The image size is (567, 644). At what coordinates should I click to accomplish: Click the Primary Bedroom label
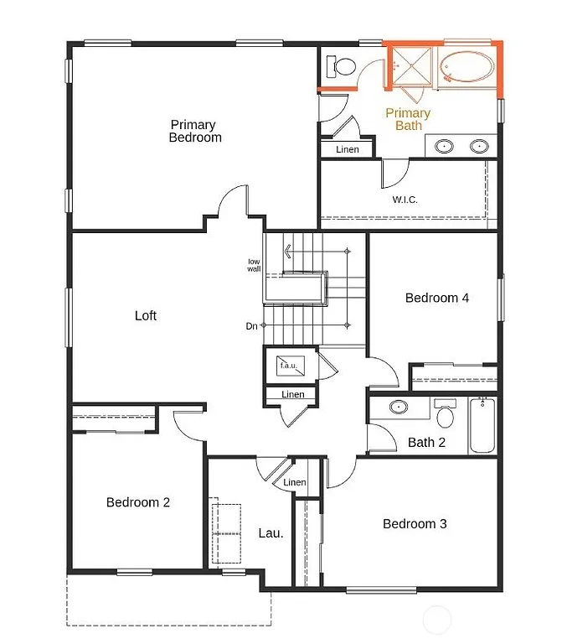194,132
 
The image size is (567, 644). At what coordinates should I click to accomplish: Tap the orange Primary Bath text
408,119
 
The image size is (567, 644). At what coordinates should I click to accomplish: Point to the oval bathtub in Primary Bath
466,66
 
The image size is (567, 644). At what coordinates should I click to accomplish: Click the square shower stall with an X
410,66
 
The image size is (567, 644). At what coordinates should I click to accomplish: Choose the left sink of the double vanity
446,147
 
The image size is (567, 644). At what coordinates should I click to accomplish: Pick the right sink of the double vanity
479,147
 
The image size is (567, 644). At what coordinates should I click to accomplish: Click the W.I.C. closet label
405,200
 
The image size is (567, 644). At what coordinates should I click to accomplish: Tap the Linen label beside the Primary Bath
347,149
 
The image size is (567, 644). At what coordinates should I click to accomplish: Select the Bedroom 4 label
436,298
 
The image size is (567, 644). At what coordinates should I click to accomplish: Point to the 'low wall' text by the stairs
254,265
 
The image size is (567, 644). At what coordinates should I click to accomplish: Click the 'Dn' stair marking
251,326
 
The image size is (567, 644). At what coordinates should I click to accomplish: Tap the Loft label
146,316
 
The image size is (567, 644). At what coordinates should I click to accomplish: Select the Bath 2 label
426,442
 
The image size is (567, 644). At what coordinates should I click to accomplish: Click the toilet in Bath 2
445,413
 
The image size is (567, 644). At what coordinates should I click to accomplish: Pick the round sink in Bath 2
398,408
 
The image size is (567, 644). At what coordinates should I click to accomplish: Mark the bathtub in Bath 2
482,425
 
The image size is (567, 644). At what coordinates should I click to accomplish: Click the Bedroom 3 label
415,524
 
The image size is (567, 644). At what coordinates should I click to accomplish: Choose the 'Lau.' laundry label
270,532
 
